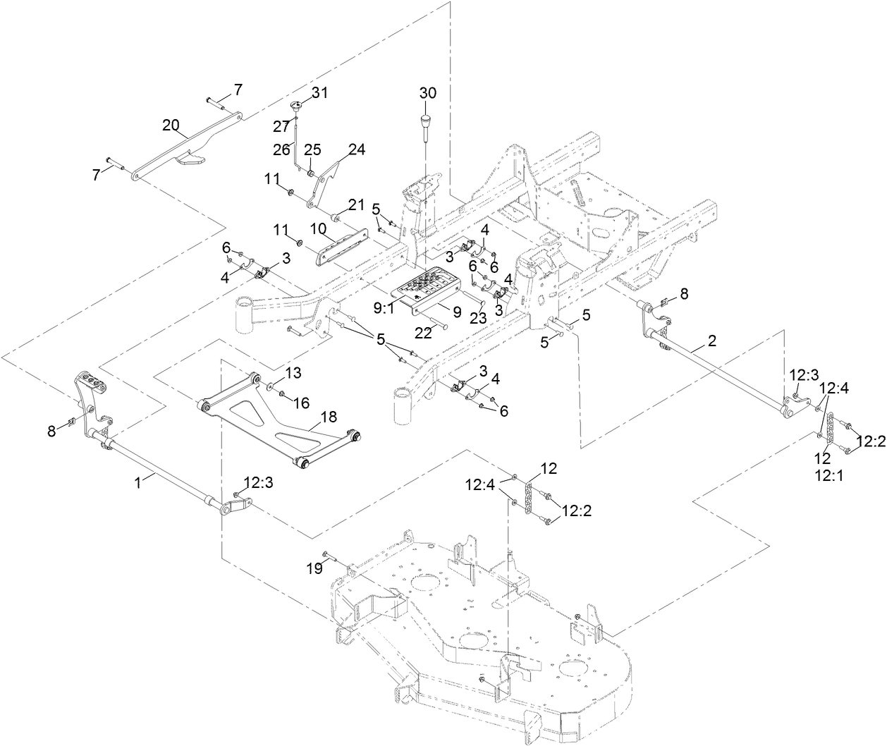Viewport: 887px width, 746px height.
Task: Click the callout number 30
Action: tap(428, 93)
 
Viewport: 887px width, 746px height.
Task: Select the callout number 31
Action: tap(320, 92)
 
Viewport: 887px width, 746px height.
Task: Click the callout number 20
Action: tap(170, 126)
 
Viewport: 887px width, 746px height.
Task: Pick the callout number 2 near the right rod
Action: tap(712, 341)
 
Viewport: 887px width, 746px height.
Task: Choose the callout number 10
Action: tap(317, 228)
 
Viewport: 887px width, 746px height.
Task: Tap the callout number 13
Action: tap(293, 372)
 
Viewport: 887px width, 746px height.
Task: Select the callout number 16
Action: tap(301, 403)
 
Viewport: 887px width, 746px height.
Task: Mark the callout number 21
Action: tap(357, 204)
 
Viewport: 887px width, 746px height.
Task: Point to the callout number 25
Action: tap(312, 149)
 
